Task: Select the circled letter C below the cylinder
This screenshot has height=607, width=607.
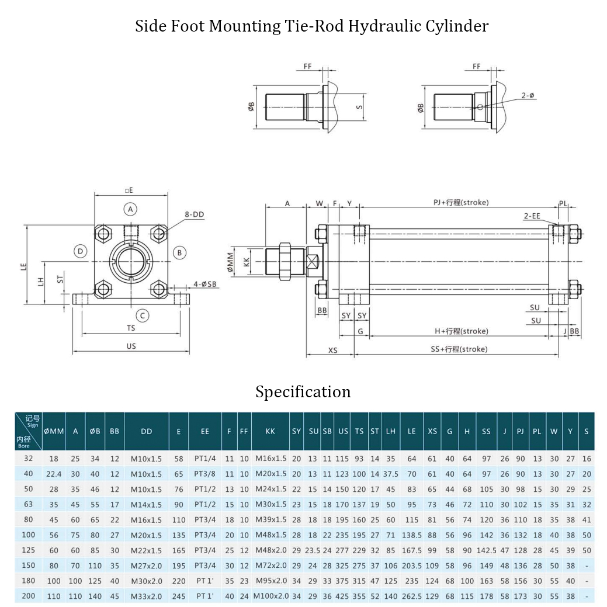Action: pos(144,316)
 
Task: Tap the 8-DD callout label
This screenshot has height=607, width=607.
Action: pos(195,214)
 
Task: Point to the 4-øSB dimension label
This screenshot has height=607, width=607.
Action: pos(205,285)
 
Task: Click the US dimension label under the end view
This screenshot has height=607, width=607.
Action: pos(131,346)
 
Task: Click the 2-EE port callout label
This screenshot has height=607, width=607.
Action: pos(532,216)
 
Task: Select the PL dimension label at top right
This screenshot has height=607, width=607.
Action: pos(563,203)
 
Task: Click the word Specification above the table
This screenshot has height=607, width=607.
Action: pos(303,391)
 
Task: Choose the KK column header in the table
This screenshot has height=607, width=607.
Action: pos(270,431)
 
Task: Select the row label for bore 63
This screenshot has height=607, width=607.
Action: pos(29,504)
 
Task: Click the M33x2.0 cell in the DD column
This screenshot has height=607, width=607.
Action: pos(147,596)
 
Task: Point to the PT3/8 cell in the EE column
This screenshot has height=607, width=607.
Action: pos(205,474)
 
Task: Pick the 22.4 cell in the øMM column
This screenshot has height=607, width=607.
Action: pos(54,474)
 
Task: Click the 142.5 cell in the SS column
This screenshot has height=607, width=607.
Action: pos(487,550)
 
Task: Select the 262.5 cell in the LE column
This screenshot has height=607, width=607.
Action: pos(412,596)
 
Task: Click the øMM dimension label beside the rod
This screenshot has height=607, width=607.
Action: pos(230,265)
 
